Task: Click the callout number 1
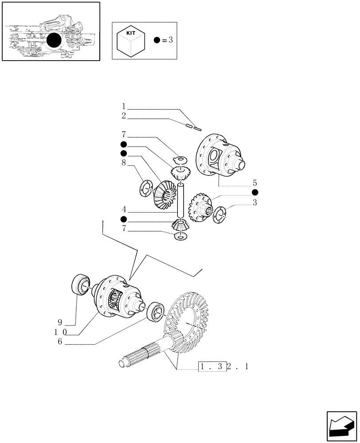pos(124,107)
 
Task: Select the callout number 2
pos(124,116)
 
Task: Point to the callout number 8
pos(124,163)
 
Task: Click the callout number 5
pos(255,183)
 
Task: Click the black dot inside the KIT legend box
pos(157,40)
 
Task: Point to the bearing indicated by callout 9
pos(80,284)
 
